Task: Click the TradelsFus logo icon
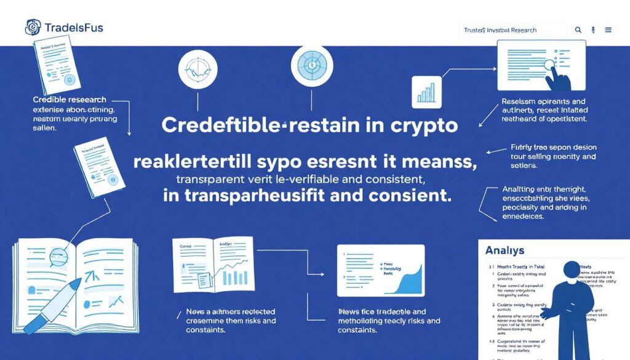33,27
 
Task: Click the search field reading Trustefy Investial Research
512,30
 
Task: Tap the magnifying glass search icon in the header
578,30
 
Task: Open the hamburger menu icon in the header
608,30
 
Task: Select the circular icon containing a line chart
197,69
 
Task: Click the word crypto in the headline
424,126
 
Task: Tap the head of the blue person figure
572,270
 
